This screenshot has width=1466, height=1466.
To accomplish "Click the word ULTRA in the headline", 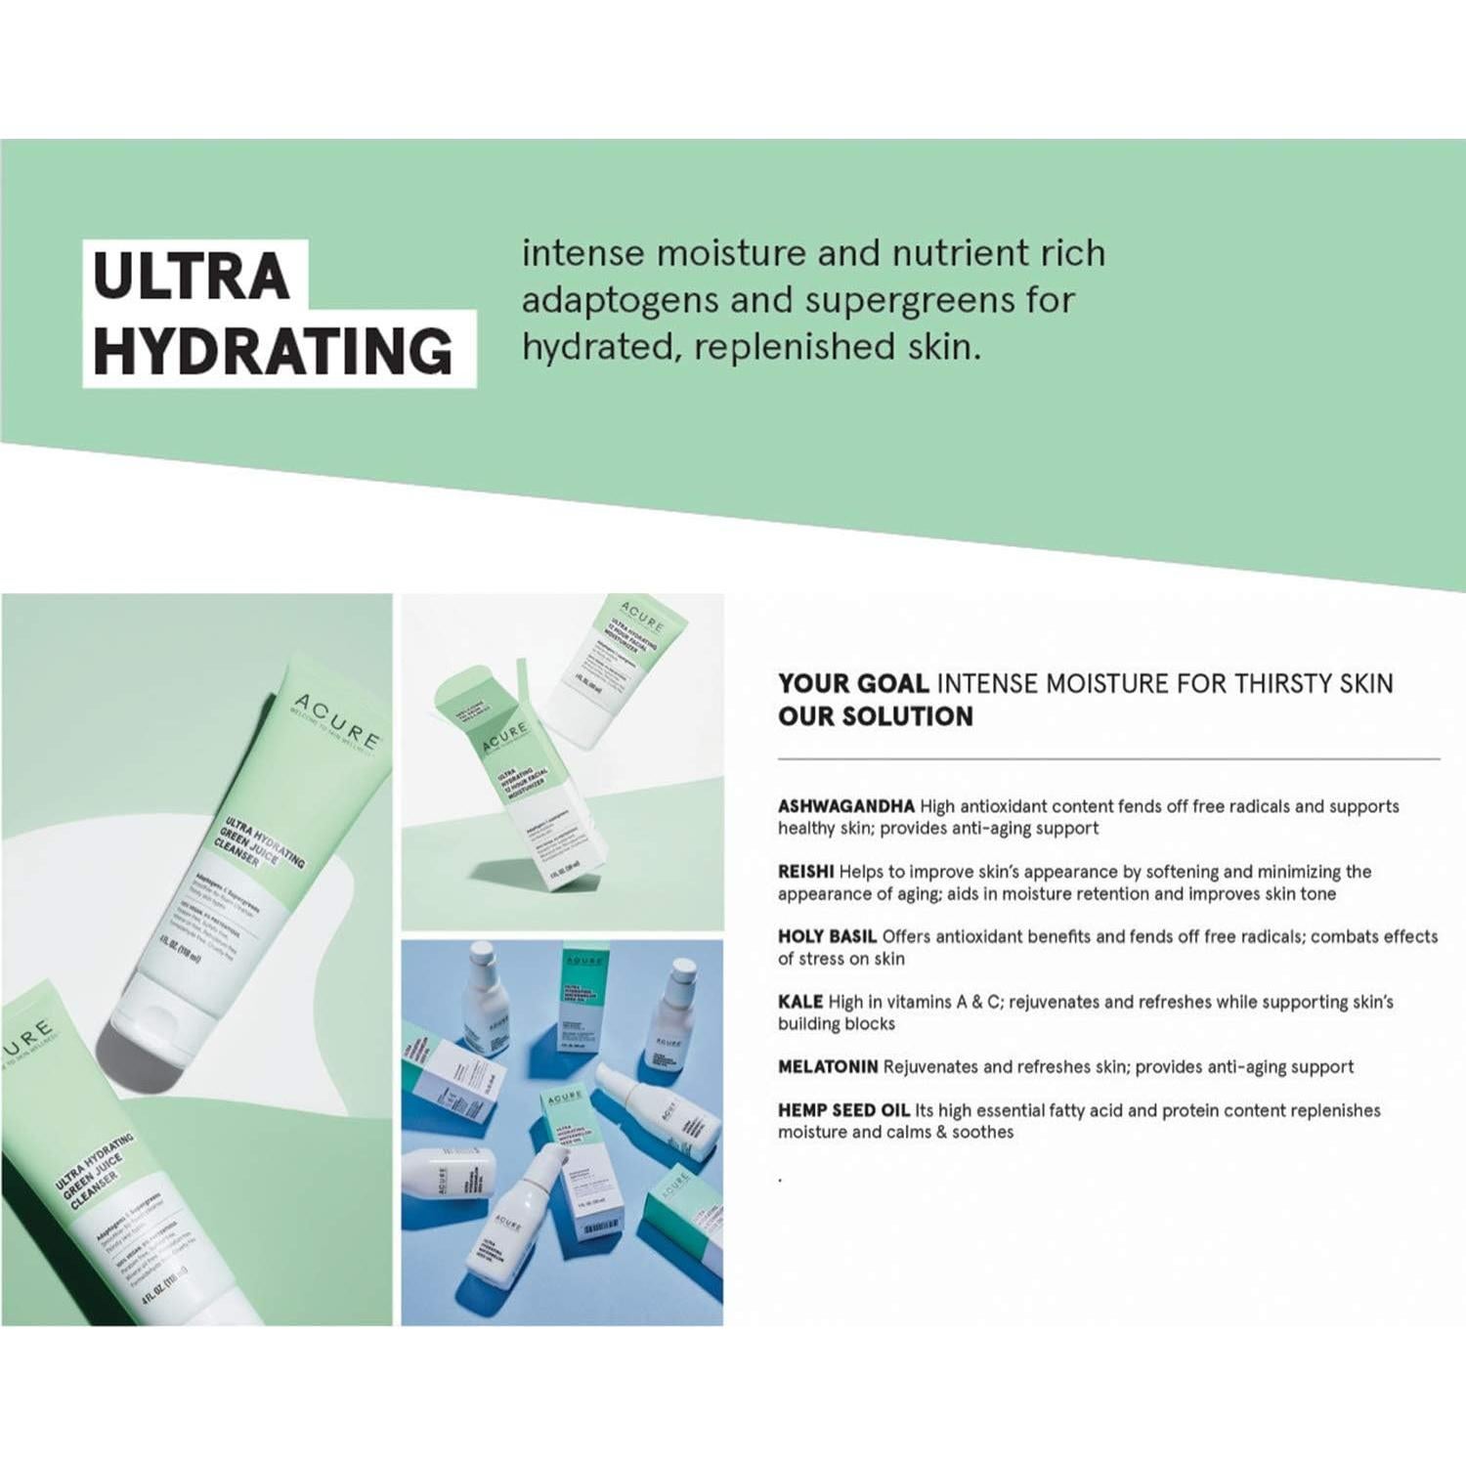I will point(192,276).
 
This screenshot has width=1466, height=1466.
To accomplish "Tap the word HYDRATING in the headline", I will point(273,350).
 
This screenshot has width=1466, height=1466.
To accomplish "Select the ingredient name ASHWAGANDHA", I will point(845,806).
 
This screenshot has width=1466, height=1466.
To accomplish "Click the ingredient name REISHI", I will point(805,871).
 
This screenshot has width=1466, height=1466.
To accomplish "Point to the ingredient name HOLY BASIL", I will point(827,936).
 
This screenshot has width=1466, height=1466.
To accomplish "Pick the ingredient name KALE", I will point(800,1002).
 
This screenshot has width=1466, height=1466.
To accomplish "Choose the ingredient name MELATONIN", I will point(828,1066).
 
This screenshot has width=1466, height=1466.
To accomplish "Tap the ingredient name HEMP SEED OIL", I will point(843,1110).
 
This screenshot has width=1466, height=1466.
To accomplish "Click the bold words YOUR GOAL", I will point(853,683).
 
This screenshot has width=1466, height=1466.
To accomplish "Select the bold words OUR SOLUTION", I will point(876,716).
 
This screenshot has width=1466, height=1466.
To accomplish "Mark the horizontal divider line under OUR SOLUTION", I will point(1108,758).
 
